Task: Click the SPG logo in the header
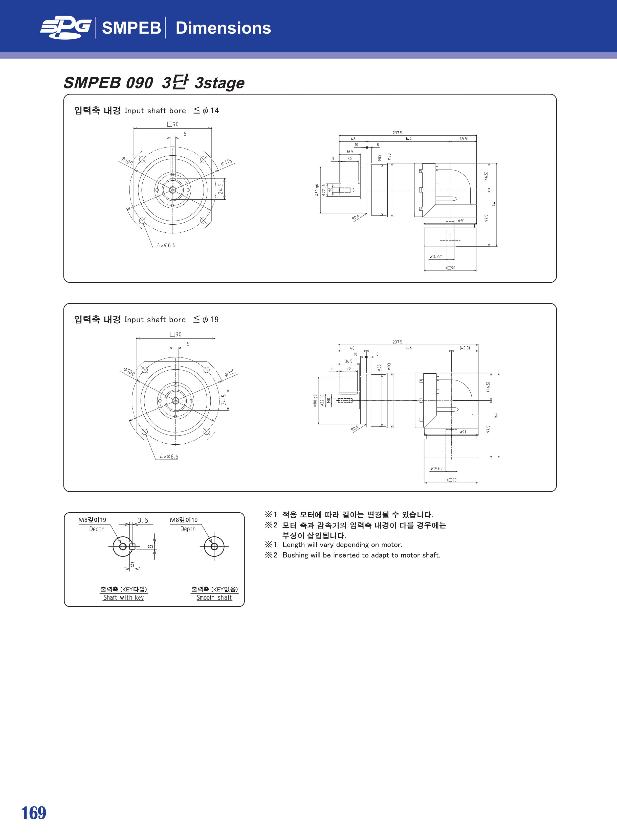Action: pos(66,28)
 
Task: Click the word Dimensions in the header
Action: pos(223,28)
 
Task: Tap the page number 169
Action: pos(34,813)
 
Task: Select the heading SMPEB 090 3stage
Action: pos(154,82)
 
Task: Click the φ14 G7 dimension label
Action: pos(435,257)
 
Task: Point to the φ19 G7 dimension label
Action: pos(436,468)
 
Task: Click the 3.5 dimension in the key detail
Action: pos(143,520)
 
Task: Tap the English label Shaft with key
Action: pos(124,597)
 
